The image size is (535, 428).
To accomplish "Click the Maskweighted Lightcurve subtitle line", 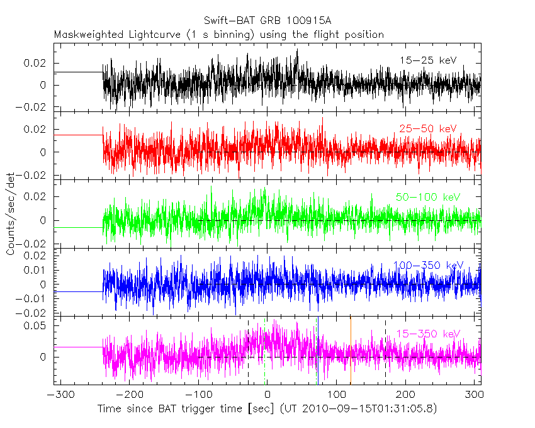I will tap(218, 35).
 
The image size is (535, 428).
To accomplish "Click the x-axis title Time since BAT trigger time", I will tap(267, 409).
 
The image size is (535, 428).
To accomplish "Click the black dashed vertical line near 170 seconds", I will tap(385, 352).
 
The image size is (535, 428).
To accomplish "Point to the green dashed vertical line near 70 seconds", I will tap(317, 352).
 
